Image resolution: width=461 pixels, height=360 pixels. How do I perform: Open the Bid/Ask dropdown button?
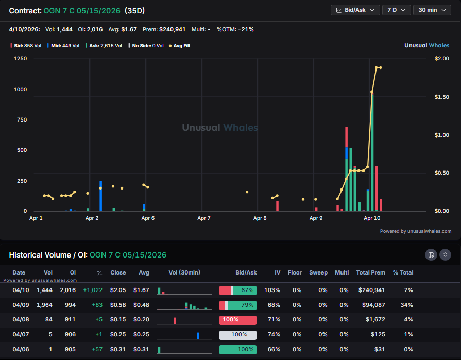click(355, 10)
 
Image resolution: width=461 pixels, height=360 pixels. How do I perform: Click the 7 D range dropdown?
click(396, 10)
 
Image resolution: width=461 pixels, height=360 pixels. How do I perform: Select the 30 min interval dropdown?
click(432, 10)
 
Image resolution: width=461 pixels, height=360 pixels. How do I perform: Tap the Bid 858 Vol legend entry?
click(23, 46)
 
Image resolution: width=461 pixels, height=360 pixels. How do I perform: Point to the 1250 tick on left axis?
click(21, 59)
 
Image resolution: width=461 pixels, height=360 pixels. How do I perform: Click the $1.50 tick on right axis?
click(442, 97)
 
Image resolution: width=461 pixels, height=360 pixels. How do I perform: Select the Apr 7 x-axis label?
click(204, 218)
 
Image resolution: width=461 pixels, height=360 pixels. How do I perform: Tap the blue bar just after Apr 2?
click(100, 196)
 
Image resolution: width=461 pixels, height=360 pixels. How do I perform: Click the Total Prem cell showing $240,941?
click(371, 290)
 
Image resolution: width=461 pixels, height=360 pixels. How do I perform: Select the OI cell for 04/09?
click(70, 305)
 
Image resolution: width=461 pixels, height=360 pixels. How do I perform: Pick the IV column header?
click(277, 272)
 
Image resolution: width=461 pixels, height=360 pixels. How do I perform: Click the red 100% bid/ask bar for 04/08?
click(237, 320)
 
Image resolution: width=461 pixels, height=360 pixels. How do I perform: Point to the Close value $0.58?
click(118, 305)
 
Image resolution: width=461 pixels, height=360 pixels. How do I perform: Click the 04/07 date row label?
click(19, 334)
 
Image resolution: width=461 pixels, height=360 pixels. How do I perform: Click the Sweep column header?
click(318, 272)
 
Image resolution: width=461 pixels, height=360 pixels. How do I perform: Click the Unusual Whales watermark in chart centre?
click(220, 128)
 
